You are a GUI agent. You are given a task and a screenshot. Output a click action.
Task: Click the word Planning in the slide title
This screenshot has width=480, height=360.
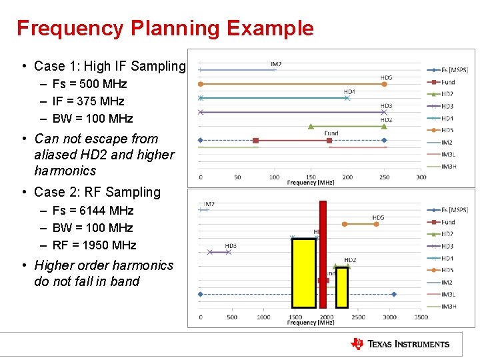point(175,28)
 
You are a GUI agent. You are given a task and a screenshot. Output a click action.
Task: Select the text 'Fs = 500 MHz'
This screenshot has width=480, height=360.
point(89,84)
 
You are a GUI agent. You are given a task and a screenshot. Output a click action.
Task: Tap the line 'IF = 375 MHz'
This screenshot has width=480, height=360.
point(88,101)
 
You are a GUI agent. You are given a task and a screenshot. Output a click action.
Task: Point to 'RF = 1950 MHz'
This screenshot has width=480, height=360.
point(94,245)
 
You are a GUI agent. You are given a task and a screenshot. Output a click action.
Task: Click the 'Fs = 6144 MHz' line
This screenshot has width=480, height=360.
point(93,211)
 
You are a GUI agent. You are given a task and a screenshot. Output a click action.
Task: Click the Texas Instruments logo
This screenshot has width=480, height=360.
point(400,344)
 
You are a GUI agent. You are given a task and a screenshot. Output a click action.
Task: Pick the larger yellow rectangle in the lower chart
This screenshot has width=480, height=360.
point(304,273)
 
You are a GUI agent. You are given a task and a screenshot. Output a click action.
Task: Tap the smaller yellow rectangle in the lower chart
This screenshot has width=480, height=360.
point(342,287)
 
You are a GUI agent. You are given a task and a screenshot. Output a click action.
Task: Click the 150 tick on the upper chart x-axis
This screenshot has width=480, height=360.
point(311,177)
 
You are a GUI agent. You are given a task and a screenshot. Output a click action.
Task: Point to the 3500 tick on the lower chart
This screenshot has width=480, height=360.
point(421,317)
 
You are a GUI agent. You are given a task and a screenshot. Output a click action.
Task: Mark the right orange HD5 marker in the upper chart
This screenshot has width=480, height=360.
point(385,84)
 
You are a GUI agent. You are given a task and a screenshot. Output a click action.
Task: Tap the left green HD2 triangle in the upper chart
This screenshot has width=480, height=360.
point(311,126)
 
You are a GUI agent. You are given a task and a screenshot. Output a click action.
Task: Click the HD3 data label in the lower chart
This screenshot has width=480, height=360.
point(231,246)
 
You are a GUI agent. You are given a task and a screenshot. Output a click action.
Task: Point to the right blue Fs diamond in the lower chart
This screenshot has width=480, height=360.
point(394,294)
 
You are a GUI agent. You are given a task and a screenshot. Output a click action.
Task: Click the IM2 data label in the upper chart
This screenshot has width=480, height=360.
point(276,64)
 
